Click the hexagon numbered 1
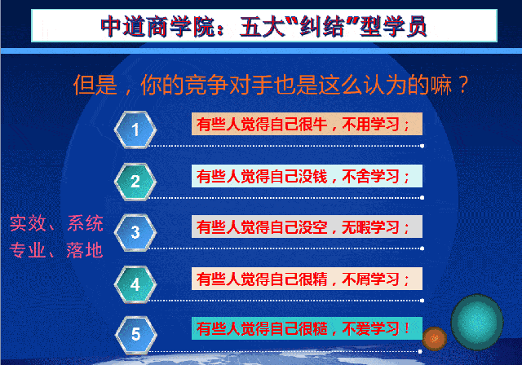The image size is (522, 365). (135, 130)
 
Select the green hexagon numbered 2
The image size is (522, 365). (135, 182)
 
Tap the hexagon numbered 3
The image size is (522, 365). (135, 232)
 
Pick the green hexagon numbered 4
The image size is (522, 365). (135, 284)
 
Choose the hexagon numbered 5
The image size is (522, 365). (136, 334)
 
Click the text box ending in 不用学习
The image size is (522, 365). (307, 124)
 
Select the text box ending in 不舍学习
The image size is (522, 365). (307, 176)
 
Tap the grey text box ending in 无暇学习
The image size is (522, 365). (307, 226)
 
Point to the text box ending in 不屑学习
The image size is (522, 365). (307, 279)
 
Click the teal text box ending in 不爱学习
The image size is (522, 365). (307, 328)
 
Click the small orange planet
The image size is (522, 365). (435, 338)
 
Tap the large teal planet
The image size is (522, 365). (477, 322)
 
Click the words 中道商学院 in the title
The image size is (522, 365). (157, 26)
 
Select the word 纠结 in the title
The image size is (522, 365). (321, 26)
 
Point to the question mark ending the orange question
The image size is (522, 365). (463, 85)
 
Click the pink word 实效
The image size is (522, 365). (28, 223)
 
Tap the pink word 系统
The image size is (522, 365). (85, 223)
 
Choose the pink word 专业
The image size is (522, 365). (27, 250)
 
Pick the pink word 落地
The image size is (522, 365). (85, 250)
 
